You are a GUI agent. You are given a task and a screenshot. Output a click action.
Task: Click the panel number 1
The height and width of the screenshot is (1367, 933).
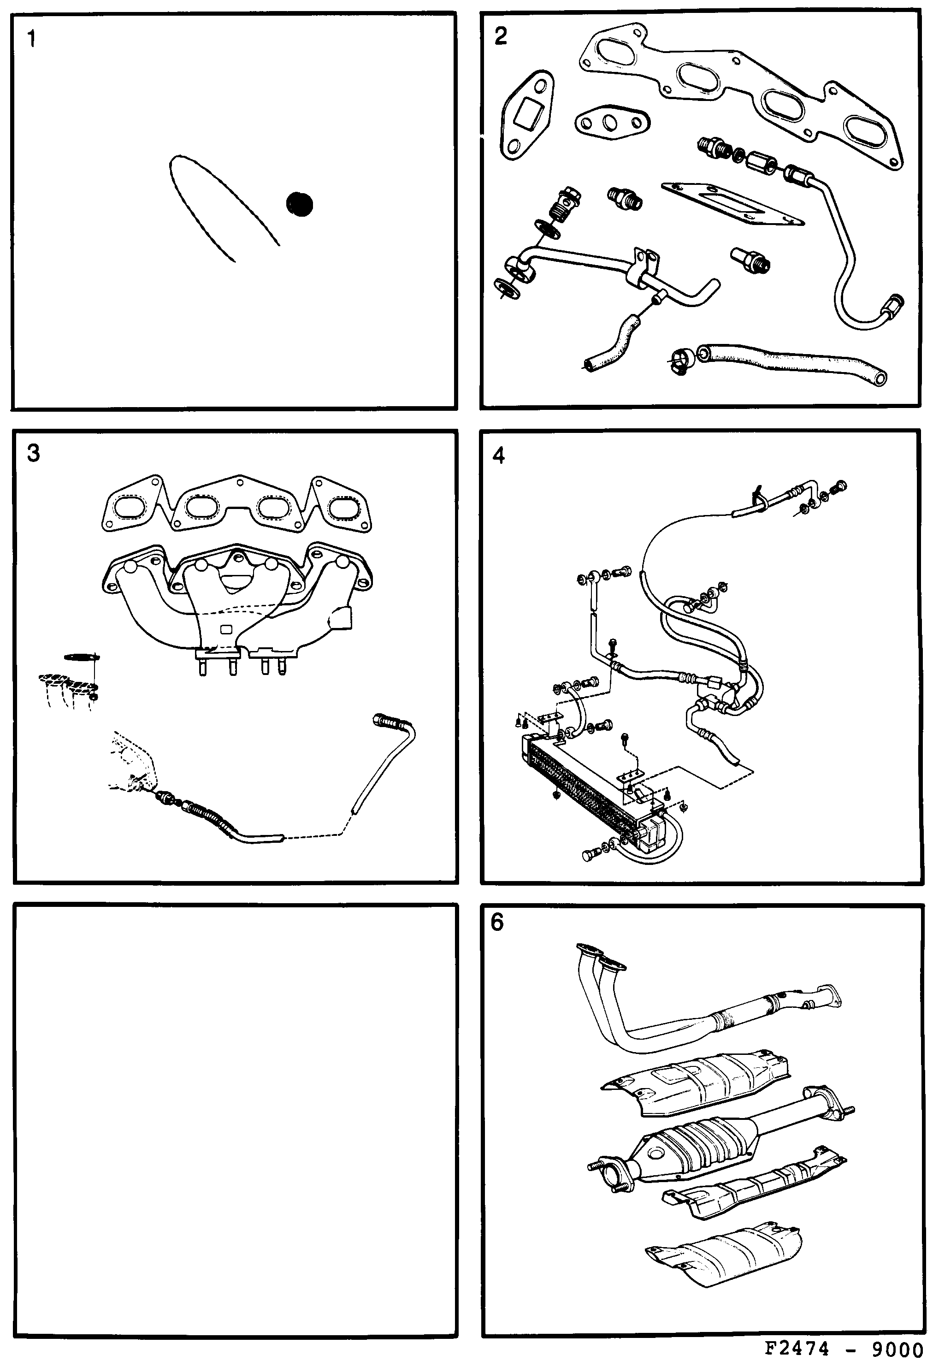[x=32, y=39]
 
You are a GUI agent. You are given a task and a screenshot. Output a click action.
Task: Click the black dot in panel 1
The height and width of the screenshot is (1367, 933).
[x=300, y=204]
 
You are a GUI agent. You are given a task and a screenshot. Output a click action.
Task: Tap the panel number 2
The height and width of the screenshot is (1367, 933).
[x=500, y=36]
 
